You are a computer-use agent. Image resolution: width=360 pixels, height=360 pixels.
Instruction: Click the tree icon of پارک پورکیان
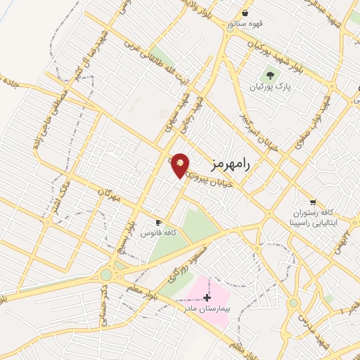click(x=269, y=74)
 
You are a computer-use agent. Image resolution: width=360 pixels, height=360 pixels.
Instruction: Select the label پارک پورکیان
click(x=269, y=86)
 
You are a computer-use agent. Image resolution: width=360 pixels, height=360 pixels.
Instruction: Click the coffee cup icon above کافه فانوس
click(x=158, y=221)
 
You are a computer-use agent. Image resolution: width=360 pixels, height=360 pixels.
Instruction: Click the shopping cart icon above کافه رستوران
click(x=313, y=202)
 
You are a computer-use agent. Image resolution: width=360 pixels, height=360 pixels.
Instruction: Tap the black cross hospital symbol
click(x=207, y=297)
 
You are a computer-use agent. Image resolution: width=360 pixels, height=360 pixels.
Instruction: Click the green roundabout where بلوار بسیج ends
click(x=107, y=274)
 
